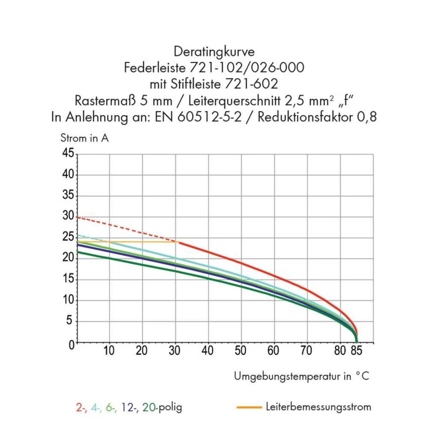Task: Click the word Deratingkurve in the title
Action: (x=214, y=52)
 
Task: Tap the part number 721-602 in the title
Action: (x=252, y=84)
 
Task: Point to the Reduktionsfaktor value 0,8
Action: (x=366, y=116)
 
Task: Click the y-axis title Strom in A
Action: (x=84, y=138)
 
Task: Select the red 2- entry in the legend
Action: (x=81, y=407)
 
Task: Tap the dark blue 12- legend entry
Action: (x=129, y=407)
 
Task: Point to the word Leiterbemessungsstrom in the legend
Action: (x=318, y=407)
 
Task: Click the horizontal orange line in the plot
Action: (x=128, y=242)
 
